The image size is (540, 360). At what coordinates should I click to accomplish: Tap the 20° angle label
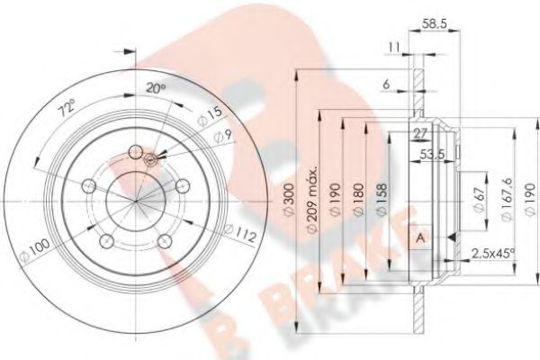[x=156, y=87]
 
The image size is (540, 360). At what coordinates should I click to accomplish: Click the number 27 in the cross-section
[x=418, y=133]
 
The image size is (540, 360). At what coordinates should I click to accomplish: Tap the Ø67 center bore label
[x=476, y=194]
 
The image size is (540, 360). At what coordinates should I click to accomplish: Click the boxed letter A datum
[x=419, y=237]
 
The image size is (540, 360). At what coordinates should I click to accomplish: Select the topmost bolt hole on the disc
[x=137, y=152]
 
